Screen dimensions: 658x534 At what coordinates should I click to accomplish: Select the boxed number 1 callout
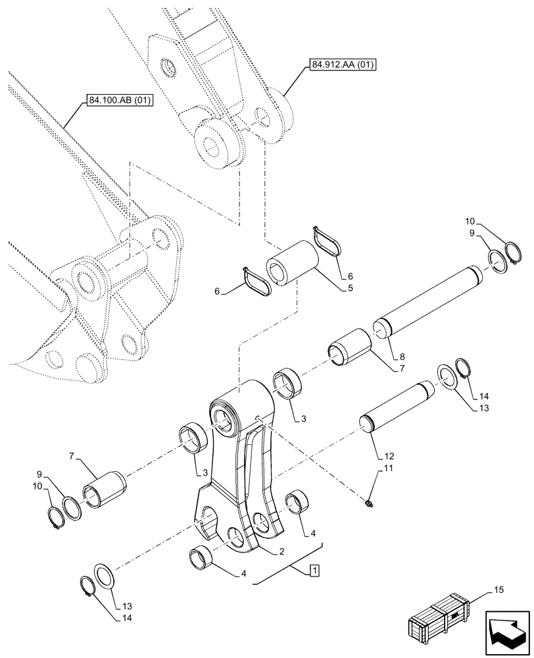point(314,570)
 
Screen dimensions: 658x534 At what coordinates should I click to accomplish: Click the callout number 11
point(388,468)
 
